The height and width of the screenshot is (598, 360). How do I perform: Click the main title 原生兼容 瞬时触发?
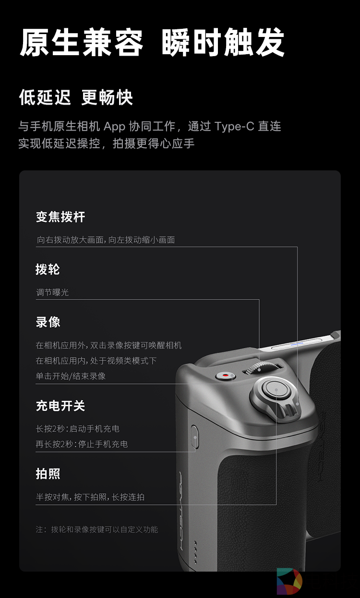(x=152, y=42)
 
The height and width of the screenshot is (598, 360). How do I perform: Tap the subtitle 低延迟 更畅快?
(x=76, y=97)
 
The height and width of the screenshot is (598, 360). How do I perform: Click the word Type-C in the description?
(x=234, y=126)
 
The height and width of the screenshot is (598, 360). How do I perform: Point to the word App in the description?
(x=114, y=127)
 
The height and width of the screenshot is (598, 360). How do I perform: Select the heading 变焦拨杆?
(x=60, y=217)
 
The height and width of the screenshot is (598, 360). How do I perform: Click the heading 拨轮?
(x=48, y=269)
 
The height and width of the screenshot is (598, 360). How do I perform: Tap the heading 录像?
(x=48, y=322)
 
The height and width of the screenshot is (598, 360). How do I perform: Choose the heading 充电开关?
(x=60, y=406)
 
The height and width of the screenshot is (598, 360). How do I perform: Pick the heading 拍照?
(x=48, y=474)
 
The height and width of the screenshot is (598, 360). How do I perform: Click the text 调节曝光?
(x=52, y=292)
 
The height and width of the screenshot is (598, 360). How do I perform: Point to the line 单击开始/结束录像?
(x=71, y=376)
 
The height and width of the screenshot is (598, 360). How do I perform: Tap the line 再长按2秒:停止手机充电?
(x=82, y=444)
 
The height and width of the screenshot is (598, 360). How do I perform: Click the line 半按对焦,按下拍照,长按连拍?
(x=90, y=497)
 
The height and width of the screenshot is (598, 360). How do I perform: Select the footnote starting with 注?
(x=97, y=529)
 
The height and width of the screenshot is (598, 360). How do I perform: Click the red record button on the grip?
(x=226, y=376)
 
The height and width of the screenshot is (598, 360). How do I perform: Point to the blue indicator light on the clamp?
(x=297, y=344)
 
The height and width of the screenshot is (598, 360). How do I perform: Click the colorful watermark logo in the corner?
(x=289, y=582)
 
